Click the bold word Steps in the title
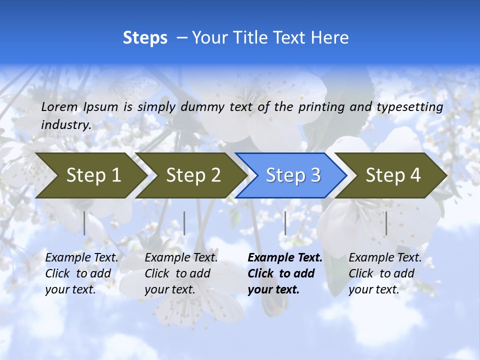click(x=145, y=37)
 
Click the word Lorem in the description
click(x=59, y=106)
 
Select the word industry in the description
click(x=65, y=125)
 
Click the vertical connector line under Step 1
click(x=84, y=223)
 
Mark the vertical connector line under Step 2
click(x=184, y=223)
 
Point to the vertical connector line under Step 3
click(x=285, y=223)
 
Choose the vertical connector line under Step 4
click(x=386, y=223)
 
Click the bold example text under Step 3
click(x=284, y=273)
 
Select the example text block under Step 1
click(x=81, y=273)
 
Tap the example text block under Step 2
click(x=181, y=273)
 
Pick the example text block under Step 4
click(x=385, y=273)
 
